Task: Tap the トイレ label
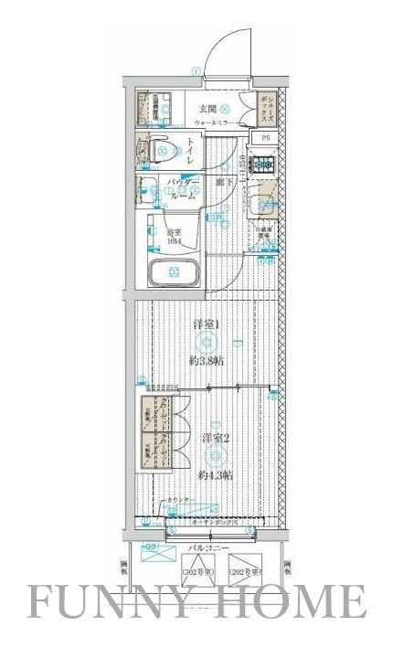tap(189, 152)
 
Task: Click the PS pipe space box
tap(266, 138)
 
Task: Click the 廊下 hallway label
tap(222, 184)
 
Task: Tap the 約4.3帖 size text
tap(216, 475)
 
